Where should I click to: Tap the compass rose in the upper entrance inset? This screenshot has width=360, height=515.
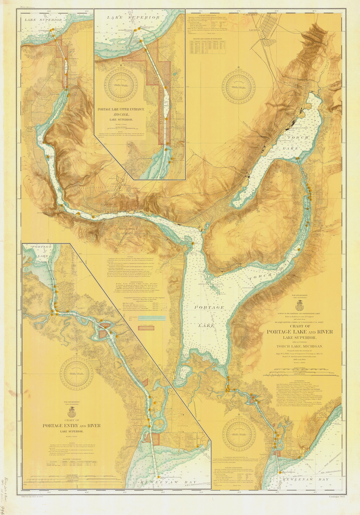(x=121, y=84)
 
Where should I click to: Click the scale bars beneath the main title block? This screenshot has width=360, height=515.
(x=300, y=372)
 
